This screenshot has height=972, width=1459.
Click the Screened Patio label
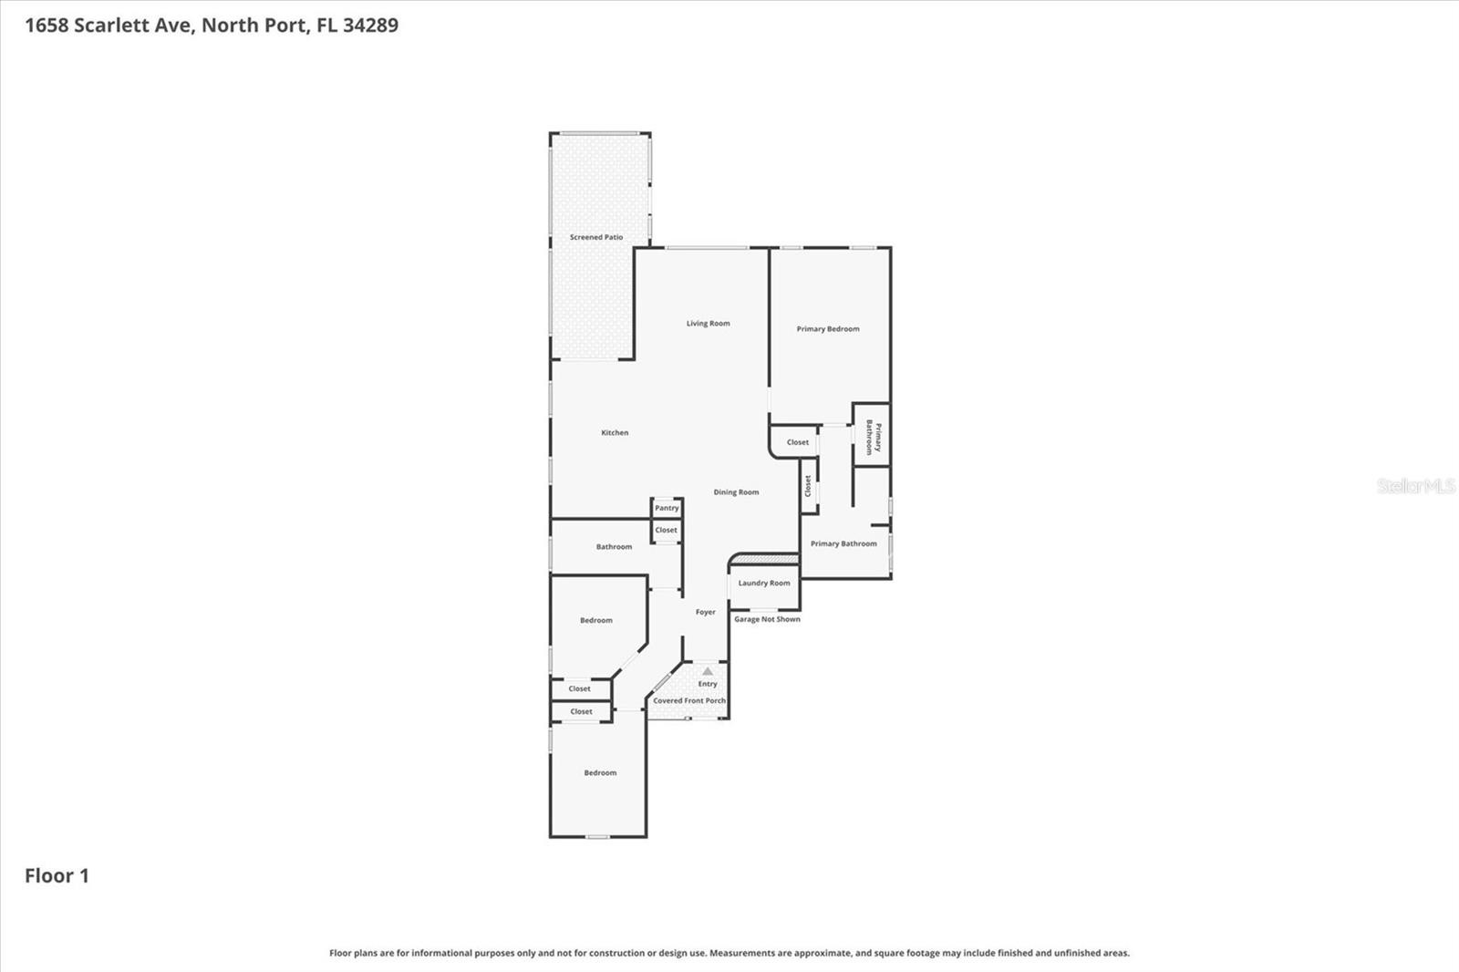click(x=596, y=237)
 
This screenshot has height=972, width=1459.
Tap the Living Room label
click(x=708, y=324)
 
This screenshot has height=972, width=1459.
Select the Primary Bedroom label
click(x=828, y=329)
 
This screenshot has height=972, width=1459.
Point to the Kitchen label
click(x=615, y=433)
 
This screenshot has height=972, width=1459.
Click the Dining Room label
click(x=736, y=492)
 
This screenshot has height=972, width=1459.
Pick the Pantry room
click(x=667, y=508)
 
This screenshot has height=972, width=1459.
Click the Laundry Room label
click(x=764, y=584)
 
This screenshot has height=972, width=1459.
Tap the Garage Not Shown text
click(x=767, y=619)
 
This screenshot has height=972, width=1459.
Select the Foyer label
click(x=705, y=613)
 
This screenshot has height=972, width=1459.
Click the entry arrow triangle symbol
click(x=708, y=671)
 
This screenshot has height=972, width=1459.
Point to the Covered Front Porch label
click(x=689, y=701)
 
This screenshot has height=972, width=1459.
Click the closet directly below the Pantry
click(x=666, y=530)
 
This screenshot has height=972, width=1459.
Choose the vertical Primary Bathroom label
click(x=873, y=437)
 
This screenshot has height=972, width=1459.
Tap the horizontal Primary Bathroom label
click(x=843, y=544)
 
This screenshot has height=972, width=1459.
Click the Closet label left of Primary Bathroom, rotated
click(x=808, y=486)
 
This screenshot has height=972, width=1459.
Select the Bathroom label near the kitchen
click(x=614, y=547)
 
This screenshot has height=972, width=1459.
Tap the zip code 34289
click(x=370, y=26)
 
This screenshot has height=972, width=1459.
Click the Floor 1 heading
click(x=57, y=876)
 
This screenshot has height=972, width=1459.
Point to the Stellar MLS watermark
click(x=1415, y=487)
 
